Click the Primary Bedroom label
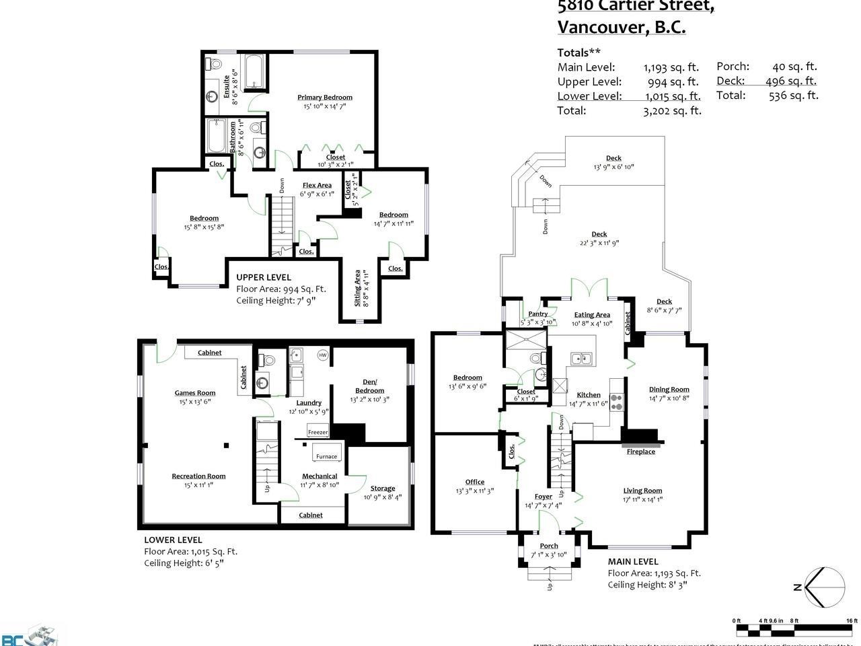tap(325, 97)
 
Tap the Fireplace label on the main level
tap(640, 452)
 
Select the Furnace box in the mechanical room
tap(327, 456)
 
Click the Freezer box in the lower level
tap(317, 432)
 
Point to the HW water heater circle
tap(323, 355)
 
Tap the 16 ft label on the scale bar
tap(852, 620)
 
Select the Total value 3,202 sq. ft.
tap(672, 111)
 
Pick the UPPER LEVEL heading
tap(264, 277)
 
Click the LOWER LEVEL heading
tap(173, 540)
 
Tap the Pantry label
tap(537, 314)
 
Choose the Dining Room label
tap(669, 389)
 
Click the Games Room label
tap(195, 393)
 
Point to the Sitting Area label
tap(357, 287)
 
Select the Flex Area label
tap(317, 185)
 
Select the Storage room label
tap(383, 489)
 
